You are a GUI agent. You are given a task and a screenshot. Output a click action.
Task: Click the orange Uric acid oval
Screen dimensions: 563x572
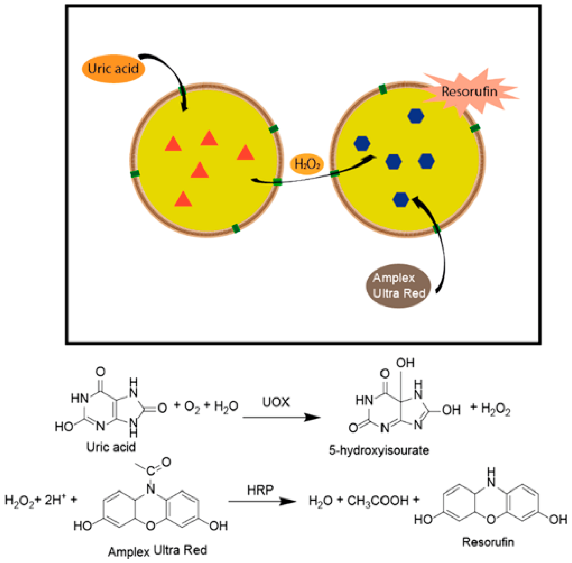point(113,69)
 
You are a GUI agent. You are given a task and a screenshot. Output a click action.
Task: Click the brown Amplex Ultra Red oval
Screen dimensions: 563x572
point(398,286)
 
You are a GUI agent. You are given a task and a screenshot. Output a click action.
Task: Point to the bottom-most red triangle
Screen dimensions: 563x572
point(183,199)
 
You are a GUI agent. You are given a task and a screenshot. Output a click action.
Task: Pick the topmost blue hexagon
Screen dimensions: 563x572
point(416,116)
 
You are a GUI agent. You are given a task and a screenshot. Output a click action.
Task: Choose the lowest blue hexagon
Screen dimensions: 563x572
point(401,200)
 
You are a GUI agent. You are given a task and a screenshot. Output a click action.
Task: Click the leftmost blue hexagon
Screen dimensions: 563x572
point(362,143)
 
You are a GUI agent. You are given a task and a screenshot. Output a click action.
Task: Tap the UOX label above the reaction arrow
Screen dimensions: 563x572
point(276,402)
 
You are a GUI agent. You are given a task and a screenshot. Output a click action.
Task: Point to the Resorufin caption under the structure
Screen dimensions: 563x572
point(488,542)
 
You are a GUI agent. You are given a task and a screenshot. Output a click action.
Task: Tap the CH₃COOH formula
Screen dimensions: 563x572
point(378,501)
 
